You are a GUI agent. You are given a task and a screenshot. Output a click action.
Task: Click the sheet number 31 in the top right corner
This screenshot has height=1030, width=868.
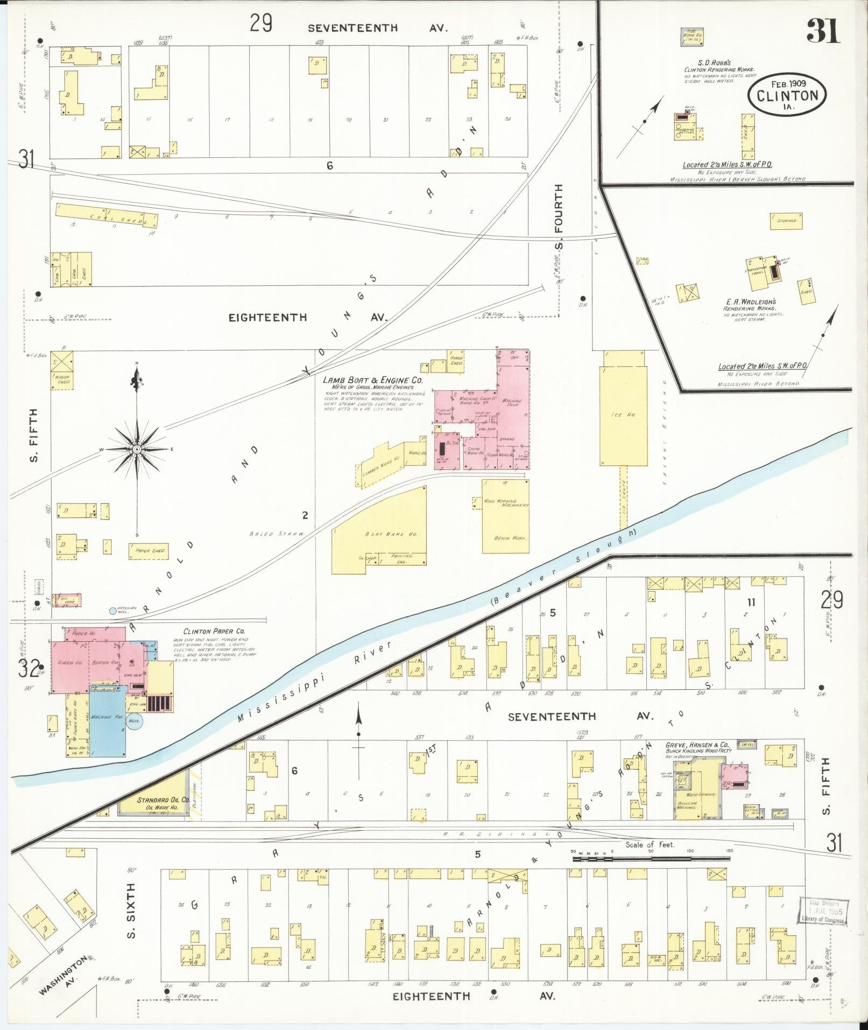point(823,31)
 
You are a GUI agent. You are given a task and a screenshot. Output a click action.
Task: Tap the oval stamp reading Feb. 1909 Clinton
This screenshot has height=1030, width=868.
point(787,95)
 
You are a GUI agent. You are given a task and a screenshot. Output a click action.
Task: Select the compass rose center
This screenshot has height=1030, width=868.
point(137,449)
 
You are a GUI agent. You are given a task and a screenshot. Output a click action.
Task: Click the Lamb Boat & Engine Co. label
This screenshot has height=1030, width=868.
point(373,380)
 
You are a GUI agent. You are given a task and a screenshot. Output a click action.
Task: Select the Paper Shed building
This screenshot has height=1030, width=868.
point(147,551)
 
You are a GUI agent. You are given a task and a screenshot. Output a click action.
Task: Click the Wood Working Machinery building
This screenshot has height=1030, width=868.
point(505,516)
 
